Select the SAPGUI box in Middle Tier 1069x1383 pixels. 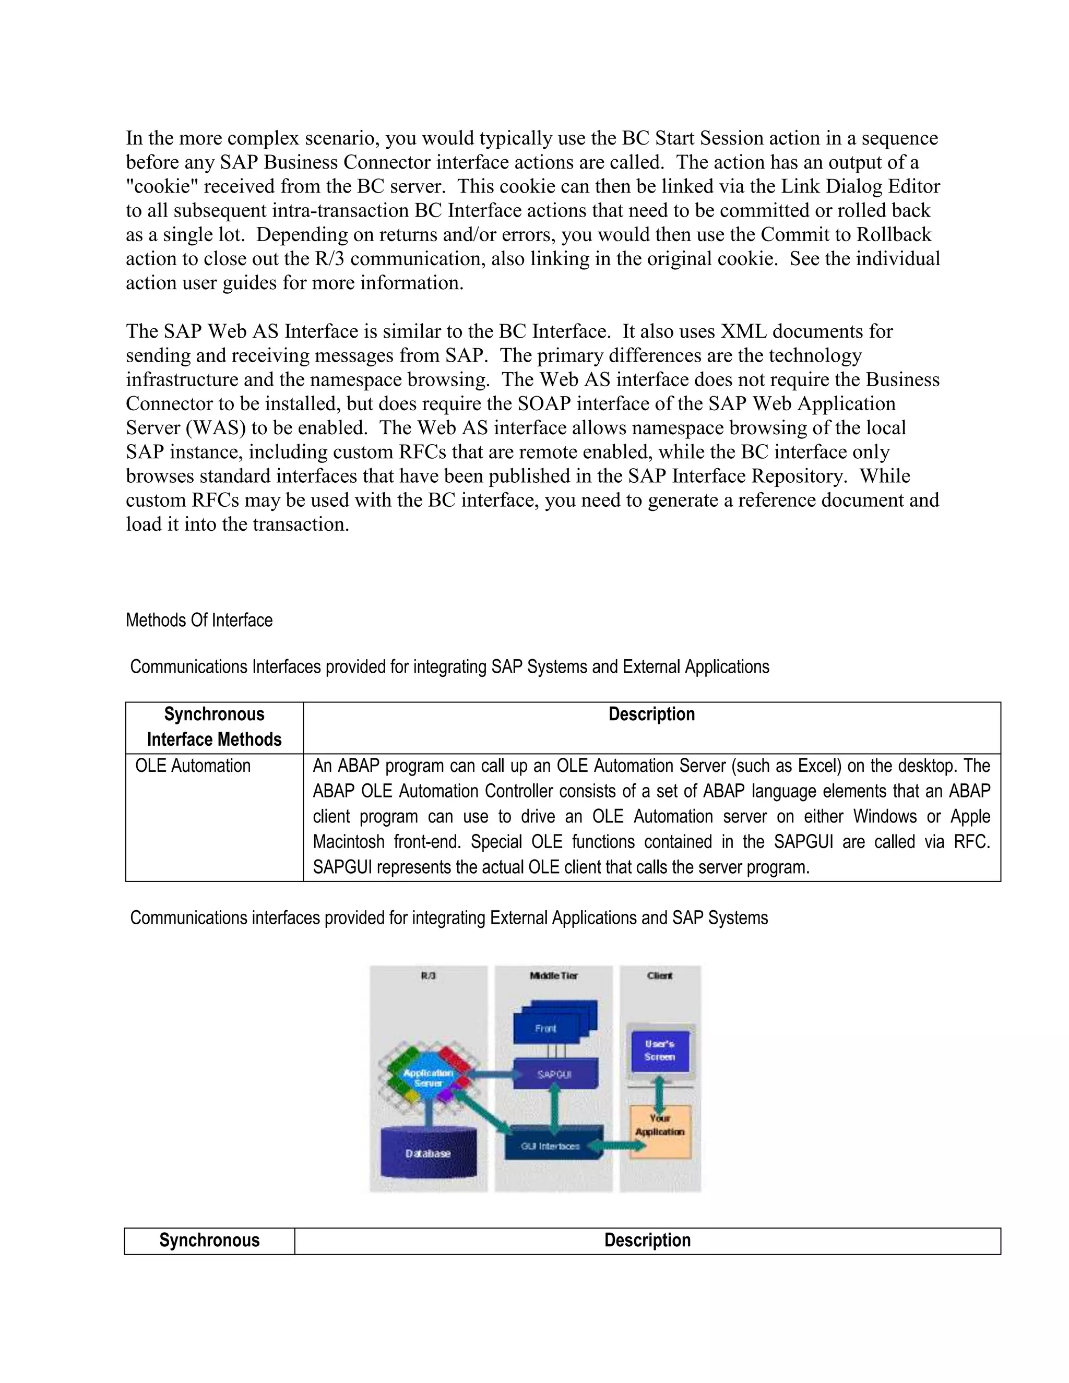pos(555,1074)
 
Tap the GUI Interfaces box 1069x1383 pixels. pos(551,1146)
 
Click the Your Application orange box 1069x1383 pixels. pos(660,1131)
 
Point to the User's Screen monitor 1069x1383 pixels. pos(660,1051)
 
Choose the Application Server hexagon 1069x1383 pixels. pos(428,1077)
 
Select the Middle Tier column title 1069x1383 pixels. pos(553,975)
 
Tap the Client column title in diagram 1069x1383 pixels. pos(660,975)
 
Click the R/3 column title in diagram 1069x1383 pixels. pos(428,975)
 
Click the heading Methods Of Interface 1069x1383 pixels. pos(199,620)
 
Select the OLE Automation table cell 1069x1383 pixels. pos(193,766)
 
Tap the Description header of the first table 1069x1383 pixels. pos(651,714)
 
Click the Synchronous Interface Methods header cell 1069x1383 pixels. pos(214,727)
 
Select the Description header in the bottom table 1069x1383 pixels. pos(647,1240)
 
